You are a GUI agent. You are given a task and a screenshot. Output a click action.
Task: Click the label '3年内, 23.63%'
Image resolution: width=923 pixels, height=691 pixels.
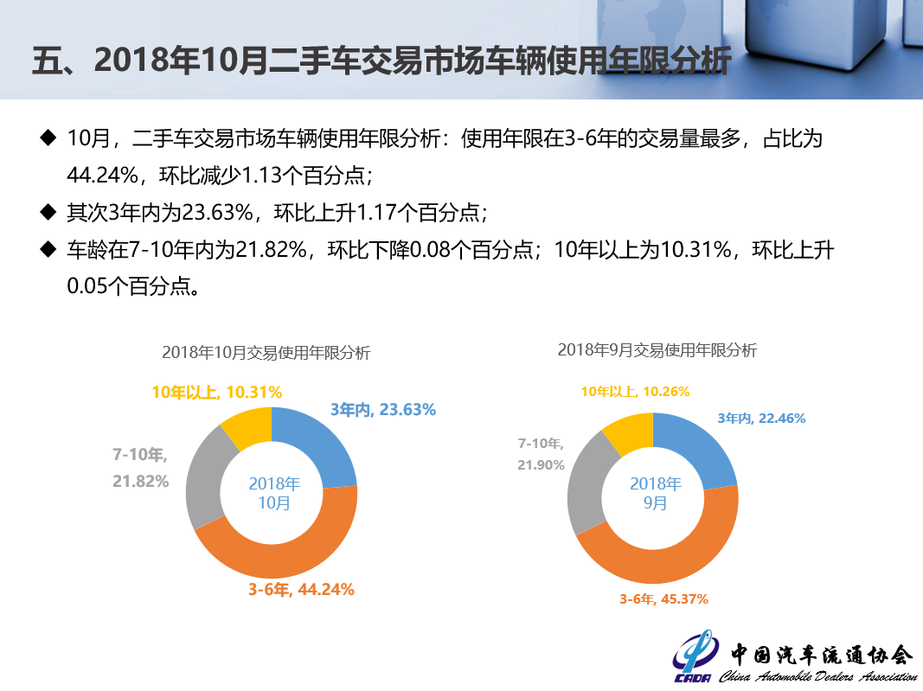click(382, 410)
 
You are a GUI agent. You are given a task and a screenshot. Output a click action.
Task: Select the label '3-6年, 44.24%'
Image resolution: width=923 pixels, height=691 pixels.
click(301, 590)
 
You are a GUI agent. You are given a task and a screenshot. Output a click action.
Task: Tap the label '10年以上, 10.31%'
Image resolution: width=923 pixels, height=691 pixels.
click(217, 392)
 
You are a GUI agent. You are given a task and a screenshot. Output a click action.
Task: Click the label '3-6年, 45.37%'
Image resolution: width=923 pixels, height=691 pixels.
click(663, 598)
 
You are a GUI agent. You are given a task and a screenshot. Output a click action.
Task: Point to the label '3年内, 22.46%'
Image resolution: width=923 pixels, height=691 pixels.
click(761, 419)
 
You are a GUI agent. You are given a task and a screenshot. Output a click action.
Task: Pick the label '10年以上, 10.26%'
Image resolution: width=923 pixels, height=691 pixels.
click(635, 392)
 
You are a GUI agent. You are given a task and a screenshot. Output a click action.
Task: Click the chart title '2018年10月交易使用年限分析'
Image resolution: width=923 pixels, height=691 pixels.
click(266, 353)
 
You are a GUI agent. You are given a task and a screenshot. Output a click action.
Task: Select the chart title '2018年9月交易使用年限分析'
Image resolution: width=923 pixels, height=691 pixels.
click(657, 350)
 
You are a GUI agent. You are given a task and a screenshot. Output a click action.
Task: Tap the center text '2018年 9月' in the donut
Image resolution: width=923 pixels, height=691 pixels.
click(656, 493)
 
